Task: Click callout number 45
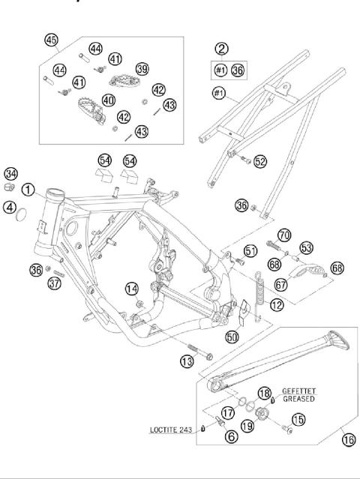[51, 40]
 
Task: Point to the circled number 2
[220, 49]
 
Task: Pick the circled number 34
[11, 174]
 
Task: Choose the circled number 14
[131, 288]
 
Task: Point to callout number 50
[232, 337]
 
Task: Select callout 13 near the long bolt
[187, 362]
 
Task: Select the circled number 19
[247, 426]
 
